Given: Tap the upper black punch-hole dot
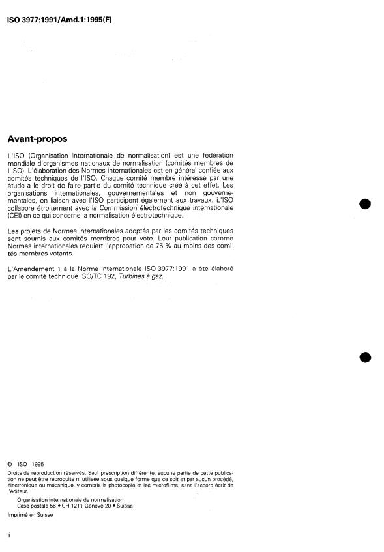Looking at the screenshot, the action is tap(365, 204).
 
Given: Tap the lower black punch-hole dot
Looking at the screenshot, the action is tap(365, 356).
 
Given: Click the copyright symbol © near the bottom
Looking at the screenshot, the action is tap(9, 465).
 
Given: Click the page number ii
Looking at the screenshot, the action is tap(8, 534).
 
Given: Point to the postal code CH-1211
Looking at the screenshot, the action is tap(80, 505).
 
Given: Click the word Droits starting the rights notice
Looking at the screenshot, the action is tap(14, 474).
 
